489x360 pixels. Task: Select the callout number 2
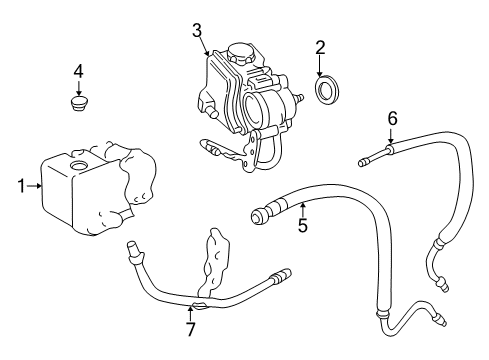[320, 47]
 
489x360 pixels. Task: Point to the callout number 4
[78, 71]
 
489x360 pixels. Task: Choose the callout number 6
[392, 119]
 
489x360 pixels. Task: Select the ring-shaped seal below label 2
[325, 91]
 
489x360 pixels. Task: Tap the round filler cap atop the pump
[241, 49]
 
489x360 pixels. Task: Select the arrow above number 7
[190, 309]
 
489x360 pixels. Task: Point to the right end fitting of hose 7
[284, 272]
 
